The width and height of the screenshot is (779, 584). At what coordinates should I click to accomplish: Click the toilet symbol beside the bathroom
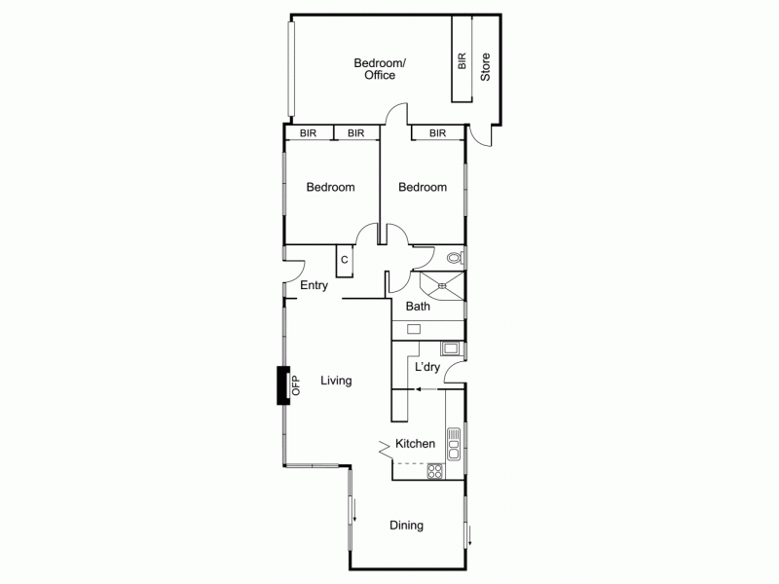click(x=454, y=259)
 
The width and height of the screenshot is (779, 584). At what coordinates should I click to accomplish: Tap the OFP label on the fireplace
click(x=296, y=385)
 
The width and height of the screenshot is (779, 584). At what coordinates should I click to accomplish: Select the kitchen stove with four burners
click(x=434, y=472)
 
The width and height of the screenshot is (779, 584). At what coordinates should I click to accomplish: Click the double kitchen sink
click(x=453, y=446)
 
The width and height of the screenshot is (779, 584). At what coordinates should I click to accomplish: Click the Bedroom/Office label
click(x=380, y=69)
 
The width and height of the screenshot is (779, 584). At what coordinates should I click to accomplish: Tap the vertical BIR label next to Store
click(x=462, y=61)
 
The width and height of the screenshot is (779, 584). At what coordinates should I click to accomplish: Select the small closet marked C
click(x=344, y=260)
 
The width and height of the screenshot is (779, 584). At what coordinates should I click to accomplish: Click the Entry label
click(x=314, y=286)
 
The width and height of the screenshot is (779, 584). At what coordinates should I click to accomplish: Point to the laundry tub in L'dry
click(x=451, y=348)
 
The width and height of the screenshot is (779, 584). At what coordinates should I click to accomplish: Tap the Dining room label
click(x=406, y=526)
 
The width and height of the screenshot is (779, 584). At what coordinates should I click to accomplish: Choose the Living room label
click(x=336, y=381)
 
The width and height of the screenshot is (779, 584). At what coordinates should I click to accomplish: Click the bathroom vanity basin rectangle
click(x=414, y=329)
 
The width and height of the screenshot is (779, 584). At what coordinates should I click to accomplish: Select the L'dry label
click(x=427, y=367)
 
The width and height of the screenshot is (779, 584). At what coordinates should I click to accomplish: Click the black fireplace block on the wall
click(x=282, y=385)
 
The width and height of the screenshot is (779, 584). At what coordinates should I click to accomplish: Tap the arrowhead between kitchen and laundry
click(x=418, y=388)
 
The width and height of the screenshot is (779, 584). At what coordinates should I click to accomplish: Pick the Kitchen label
click(x=415, y=444)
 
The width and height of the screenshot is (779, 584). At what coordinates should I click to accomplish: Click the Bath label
click(x=417, y=307)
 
